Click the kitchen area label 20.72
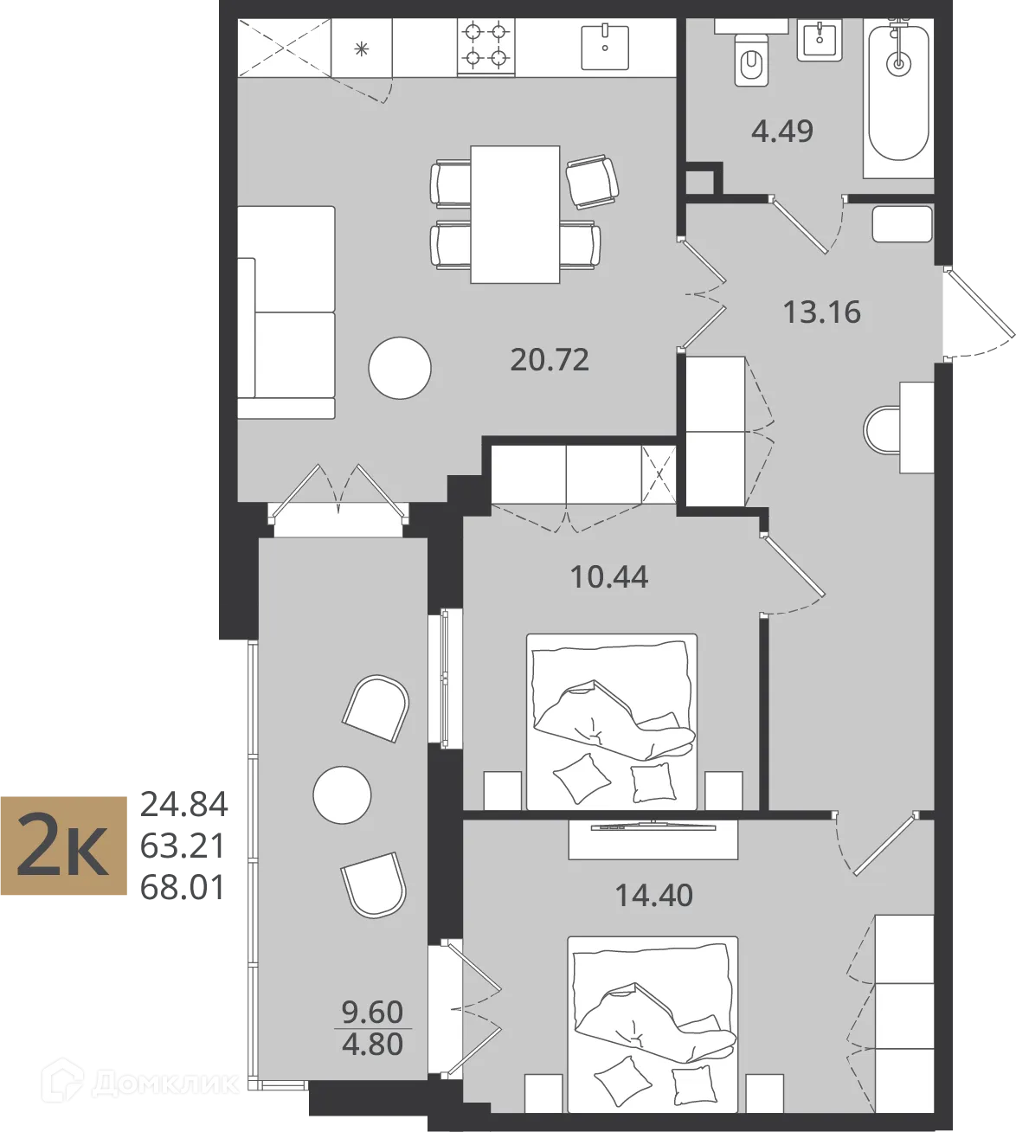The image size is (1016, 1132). [550, 360]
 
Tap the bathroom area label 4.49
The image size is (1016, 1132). [781, 132]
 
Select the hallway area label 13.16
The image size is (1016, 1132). [821, 312]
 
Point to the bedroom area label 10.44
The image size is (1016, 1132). [609, 577]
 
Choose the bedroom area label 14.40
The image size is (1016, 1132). [654, 895]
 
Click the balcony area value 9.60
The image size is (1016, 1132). [372, 1012]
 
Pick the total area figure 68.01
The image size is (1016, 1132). [183, 887]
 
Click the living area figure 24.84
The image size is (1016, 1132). [183, 805]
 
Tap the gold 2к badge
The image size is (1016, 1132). [63, 846]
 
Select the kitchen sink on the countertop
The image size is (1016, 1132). [605, 48]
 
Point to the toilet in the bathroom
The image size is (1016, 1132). [751, 60]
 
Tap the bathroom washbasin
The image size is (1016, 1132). [820, 40]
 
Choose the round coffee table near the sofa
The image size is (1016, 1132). [400, 368]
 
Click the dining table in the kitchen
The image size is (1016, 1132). [515, 215]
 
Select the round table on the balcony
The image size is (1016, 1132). [342, 794]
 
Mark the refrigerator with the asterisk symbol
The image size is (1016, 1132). [362, 48]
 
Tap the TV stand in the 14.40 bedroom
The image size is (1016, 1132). [653, 839]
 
